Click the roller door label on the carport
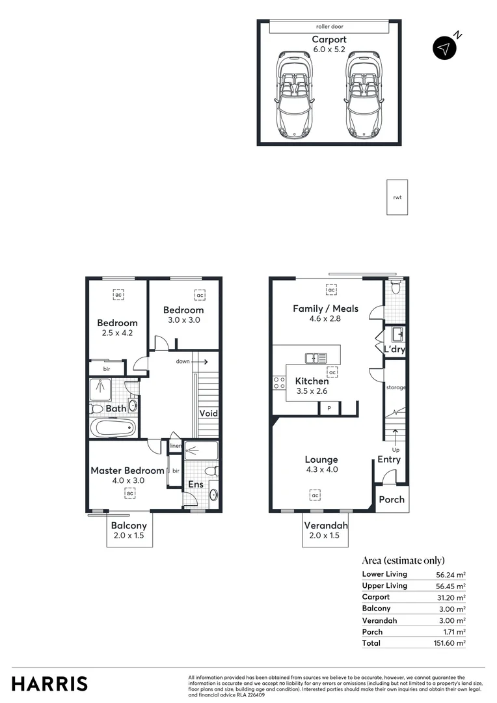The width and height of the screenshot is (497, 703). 329,27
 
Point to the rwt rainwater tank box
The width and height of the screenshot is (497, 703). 397,197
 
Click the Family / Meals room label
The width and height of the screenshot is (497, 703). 325,309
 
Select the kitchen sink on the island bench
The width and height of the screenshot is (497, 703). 317,357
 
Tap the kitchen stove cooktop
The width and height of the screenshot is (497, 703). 280,382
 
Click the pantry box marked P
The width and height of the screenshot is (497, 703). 329,408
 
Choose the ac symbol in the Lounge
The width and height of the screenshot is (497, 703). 315,496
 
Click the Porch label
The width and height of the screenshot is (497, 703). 392,499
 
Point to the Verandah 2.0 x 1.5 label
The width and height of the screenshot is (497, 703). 325,530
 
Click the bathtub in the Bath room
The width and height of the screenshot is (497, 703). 113,428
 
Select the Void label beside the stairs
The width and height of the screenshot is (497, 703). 208,413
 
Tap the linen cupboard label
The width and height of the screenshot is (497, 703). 175,446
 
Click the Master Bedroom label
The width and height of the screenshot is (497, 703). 128,471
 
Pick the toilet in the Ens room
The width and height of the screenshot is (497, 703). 210,470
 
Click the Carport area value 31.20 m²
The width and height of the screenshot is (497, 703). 451,597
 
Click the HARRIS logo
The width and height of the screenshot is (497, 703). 49,683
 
